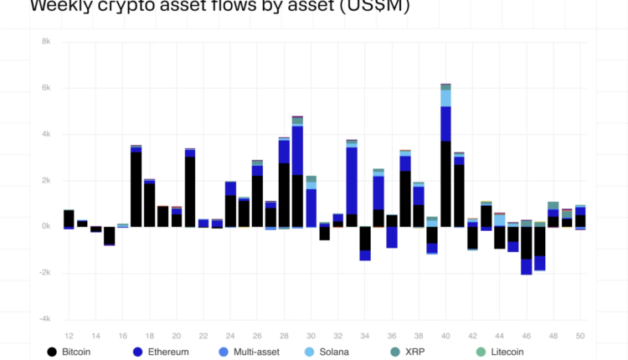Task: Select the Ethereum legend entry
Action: click(167, 352)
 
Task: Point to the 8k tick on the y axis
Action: click(45, 41)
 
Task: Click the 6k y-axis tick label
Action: click(45, 87)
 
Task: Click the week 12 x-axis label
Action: click(69, 335)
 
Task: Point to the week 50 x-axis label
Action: click(580, 335)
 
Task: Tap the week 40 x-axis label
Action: click(445, 335)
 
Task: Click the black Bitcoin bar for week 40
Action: click(445, 183)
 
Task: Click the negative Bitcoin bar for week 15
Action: click(109, 235)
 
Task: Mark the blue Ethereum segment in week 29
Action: click(297, 151)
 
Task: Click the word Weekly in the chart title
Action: click(59, 7)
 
